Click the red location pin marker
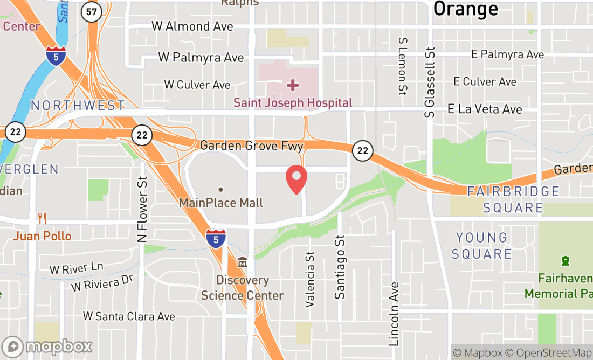point(296,180)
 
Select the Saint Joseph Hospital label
point(293,102)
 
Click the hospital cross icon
point(292,85)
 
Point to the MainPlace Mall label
point(221,203)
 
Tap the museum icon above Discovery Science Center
point(242,264)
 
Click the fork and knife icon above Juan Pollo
point(42,218)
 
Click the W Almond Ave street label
point(192,26)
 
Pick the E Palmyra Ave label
point(507,54)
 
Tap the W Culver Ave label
point(197,85)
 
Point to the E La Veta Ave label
point(485,109)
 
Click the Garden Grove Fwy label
point(252,146)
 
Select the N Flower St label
point(142,209)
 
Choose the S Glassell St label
point(430,77)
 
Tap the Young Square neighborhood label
point(482,246)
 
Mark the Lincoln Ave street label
point(394,314)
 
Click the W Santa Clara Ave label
point(129,316)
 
